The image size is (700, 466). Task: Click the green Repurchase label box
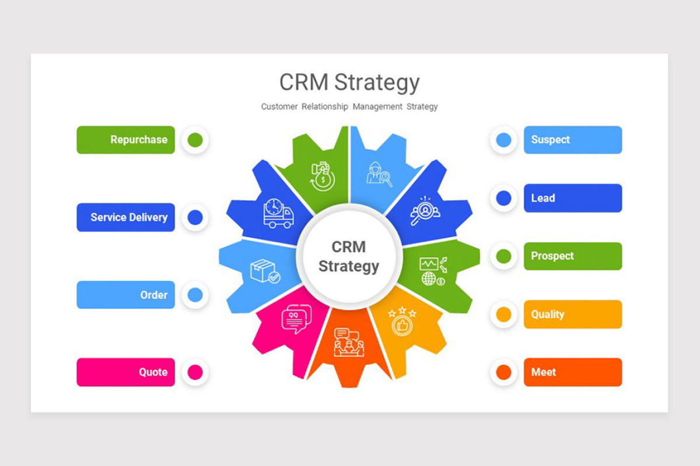click(125, 140)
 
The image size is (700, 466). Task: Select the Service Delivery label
click(125, 217)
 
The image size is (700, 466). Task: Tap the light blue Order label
click(125, 295)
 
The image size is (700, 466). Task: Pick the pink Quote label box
click(125, 372)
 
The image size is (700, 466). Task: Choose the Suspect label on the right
click(572, 140)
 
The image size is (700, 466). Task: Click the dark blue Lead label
click(572, 198)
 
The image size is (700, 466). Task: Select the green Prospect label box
click(572, 256)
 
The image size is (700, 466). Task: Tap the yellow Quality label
click(572, 315)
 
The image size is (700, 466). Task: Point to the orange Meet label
click(572, 372)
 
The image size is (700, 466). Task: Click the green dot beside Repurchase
click(195, 140)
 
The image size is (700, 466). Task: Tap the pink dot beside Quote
click(195, 372)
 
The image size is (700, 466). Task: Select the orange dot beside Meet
click(503, 372)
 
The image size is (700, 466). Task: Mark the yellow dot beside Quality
click(503, 315)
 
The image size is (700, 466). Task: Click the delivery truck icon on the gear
click(278, 214)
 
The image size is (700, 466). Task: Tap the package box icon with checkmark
click(265, 271)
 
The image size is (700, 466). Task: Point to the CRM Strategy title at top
click(349, 82)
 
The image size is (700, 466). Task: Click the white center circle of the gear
click(349, 256)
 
